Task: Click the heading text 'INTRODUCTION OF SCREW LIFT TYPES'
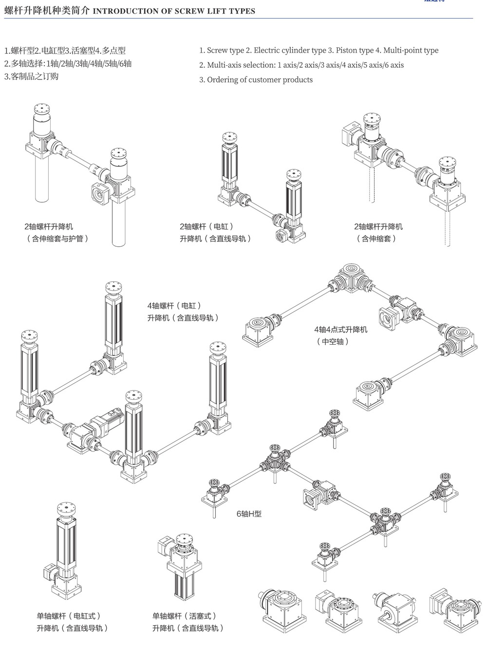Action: [174, 11]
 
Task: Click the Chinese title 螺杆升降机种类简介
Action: [47, 11]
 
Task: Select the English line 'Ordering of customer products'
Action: [260, 79]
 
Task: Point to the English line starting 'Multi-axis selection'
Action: [301, 65]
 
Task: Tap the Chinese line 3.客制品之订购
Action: [31, 77]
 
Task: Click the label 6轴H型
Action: [249, 513]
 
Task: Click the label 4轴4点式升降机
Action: [341, 330]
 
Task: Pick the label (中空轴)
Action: [333, 341]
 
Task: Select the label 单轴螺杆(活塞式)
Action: [185, 616]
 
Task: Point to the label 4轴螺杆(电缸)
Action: [174, 306]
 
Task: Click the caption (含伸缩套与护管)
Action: [57, 238]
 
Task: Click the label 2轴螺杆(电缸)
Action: [206, 226]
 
